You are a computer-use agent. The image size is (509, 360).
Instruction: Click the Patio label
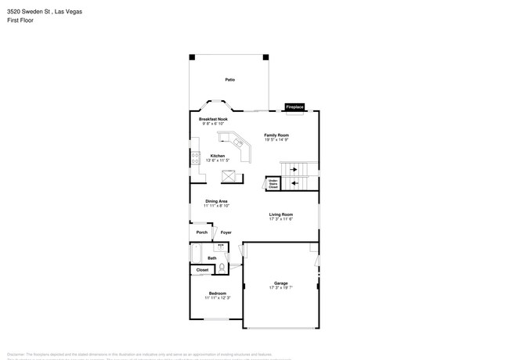tap(230, 80)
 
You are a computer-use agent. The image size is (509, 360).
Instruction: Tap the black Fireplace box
tap(294, 106)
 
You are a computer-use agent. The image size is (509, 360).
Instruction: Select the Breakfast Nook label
tap(213, 119)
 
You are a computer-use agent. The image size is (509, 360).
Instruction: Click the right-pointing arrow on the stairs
tap(294, 169)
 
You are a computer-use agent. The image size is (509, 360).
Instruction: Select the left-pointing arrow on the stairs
tap(294, 184)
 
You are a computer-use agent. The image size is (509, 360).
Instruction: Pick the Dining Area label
tap(217, 201)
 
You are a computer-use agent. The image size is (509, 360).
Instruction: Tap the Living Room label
tap(281, 214)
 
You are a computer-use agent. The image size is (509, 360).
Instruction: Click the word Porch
tap(202, 232)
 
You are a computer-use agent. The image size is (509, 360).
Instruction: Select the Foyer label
tap(226, 232)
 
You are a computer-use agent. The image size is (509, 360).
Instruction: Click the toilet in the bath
tap(223, 267)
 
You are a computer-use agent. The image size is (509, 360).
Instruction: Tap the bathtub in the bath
tap(196, 254)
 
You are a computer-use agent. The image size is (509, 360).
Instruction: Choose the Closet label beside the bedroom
tap(202, 270)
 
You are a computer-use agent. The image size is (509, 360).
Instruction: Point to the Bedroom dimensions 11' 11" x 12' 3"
tap(218, 298)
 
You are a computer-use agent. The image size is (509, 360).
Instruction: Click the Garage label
tap(281, 283)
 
